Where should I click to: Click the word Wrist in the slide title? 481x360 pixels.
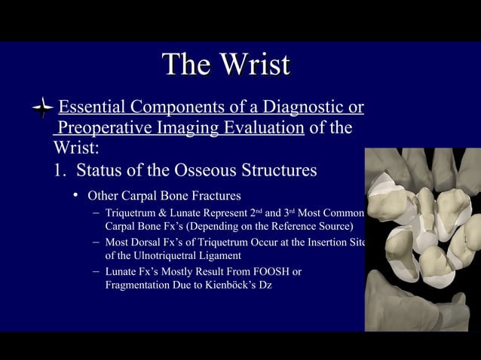pos(254,65)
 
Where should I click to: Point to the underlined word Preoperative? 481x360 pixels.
pos(102,127)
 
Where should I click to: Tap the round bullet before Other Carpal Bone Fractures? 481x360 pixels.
pos(76,196)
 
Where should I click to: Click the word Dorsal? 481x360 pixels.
pos(150,242)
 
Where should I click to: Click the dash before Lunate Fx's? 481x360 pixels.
pos(97,271)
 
